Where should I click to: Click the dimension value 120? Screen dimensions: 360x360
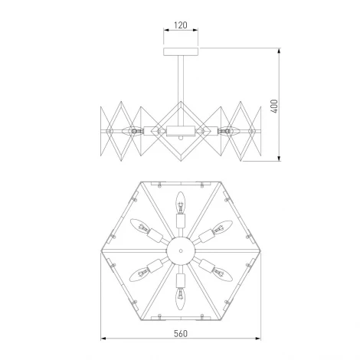tap(180, 25)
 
